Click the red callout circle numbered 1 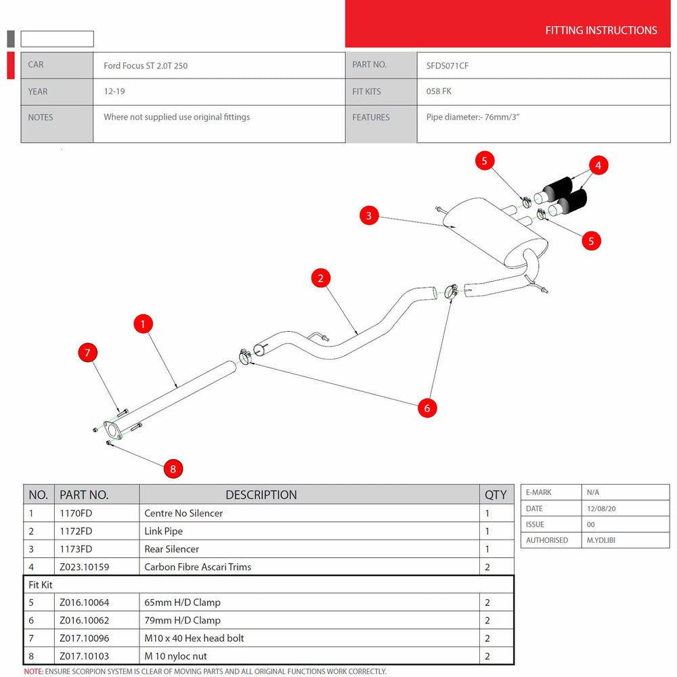143,324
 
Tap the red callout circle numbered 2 321,278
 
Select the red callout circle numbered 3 369,216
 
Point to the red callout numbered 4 598,165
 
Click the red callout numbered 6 427,408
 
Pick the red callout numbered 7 87,352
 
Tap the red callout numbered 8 173,468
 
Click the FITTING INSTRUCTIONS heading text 600,30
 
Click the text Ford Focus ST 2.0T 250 146,66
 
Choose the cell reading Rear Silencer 171,549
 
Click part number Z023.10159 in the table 84,567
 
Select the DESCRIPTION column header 261,495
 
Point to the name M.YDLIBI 601,540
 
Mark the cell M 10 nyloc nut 175,656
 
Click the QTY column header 496,495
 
